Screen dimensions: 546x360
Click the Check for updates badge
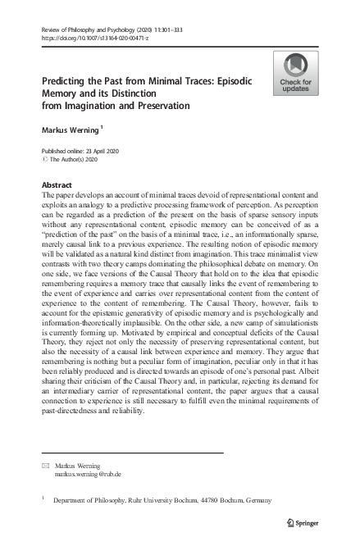(296, 73)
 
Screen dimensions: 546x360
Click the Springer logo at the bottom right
(304, 521)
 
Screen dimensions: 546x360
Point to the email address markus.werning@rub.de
(88, 474)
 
